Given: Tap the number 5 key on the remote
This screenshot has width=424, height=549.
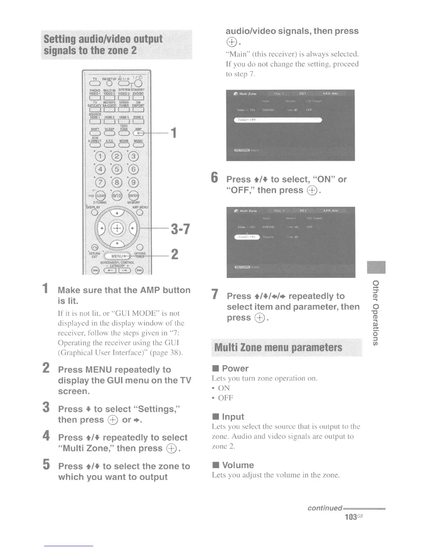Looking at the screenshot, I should [x=117, y=169].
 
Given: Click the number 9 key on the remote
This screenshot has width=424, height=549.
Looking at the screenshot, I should [x=133, y=182].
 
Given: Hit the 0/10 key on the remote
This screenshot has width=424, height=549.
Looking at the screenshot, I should [x=117, y=196].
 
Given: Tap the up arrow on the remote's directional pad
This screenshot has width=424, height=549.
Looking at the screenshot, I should [x=117, y=213].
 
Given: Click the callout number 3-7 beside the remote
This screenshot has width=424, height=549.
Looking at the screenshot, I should [x=180, y=229].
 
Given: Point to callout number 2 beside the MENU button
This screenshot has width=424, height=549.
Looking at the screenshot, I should [x=175, y=254].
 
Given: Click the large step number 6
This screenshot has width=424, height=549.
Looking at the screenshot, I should [x=215, y=178].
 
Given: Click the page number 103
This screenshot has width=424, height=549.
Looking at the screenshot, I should [x=351, y=517].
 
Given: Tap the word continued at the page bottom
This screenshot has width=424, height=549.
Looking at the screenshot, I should [x=325, y=508].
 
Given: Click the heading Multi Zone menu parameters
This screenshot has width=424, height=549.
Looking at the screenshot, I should [x=278, y=347].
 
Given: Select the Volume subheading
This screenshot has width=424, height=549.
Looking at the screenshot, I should [x=238, y=465].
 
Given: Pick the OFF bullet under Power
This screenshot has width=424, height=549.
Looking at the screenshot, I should [x=226, y=398].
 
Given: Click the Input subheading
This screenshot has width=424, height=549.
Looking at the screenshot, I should [x=233, y=417].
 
